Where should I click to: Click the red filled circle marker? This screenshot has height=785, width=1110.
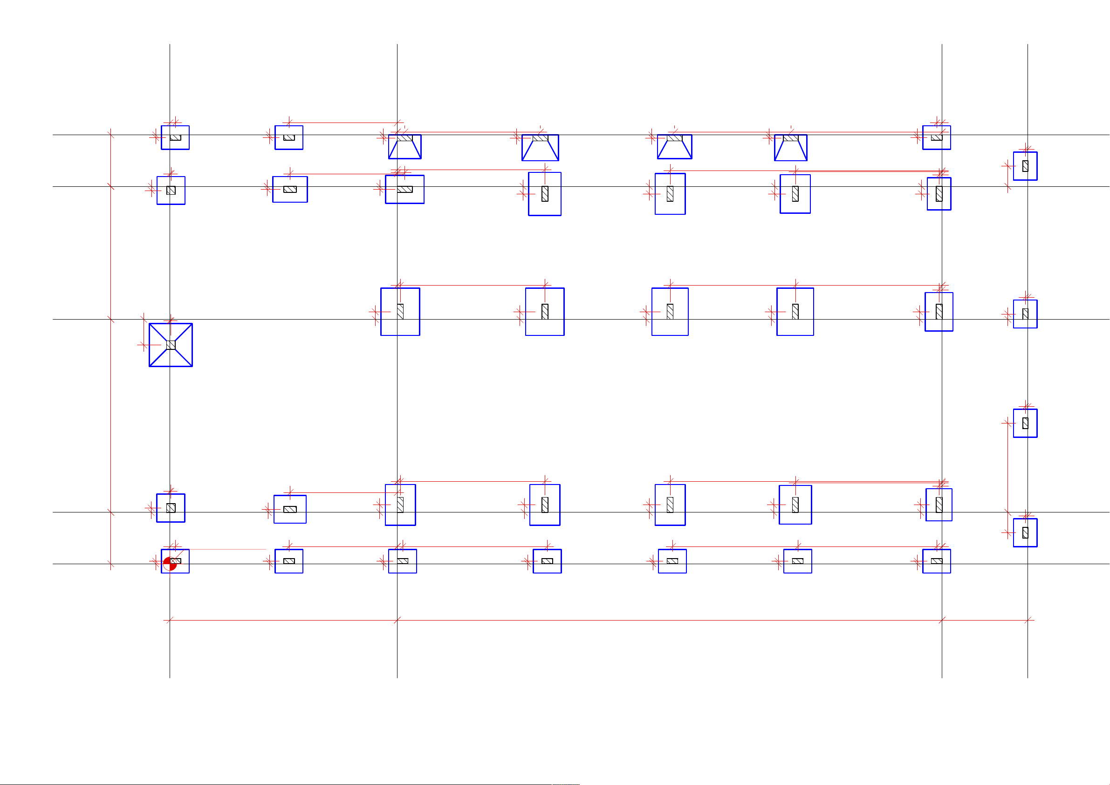click(x=169, y=564)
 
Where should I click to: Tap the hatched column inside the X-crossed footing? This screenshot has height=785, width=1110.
click(x=171, y=345)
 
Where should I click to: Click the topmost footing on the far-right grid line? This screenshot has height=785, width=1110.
click(x=1025, y=166)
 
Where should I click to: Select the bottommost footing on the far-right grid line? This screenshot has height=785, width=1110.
click(x=1025, y=532)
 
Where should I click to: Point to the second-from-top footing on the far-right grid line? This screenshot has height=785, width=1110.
click(x=1025, y=314)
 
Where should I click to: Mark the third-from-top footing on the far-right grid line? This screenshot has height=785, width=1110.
click(x=1025, y=423)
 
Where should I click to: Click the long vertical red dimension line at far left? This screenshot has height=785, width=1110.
click(x=111, y=348)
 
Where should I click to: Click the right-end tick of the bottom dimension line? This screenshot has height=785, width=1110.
click(x=1028, y=620)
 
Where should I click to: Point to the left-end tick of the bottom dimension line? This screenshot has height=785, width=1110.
click(x=170, y=620)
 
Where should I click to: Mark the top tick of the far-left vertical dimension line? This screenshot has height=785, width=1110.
click(x=111, y=135)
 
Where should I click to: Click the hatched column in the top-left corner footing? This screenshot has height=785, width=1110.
click(x=176, y=138)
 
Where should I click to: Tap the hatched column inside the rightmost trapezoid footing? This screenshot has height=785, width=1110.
click(x=790, y=138)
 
